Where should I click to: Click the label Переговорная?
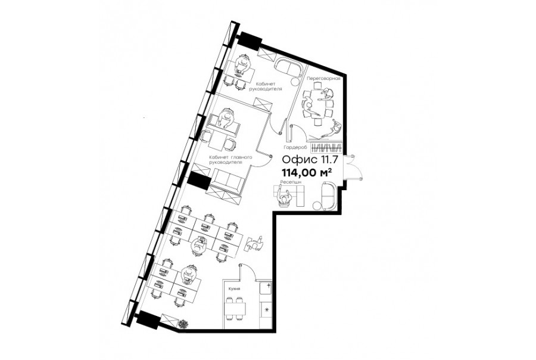click(x=323, y=78)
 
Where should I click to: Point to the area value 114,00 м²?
click(x=307, y=172)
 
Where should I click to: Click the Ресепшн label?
click(x=291, y=182)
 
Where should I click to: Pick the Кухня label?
click(x=234, y=289)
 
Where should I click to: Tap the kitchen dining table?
click(x=235, y=309)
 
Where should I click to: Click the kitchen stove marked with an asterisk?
click(x=266, y=310)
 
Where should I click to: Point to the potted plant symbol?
click(x=183, y=324)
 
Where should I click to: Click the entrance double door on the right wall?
click(x=353, y=167)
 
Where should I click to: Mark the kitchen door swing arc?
click(x=251, y=271)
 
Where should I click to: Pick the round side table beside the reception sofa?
click(x=317, y=205)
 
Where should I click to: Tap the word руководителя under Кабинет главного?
click(x=226, y=162)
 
